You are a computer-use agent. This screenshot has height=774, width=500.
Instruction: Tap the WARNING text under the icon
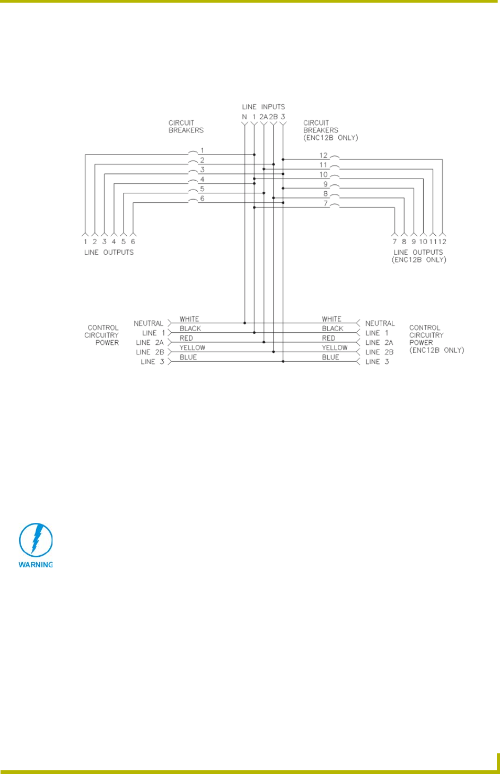pos(36,565)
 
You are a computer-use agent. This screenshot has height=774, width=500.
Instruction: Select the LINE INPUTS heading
pos(263,107)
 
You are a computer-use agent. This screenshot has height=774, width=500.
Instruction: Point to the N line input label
pos(244,117)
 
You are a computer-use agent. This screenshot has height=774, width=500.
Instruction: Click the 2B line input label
pos(273,117)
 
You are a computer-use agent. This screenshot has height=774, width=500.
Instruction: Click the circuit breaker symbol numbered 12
pos(335,158)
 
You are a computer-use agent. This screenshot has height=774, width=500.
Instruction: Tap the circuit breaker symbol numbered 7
pos(335,206)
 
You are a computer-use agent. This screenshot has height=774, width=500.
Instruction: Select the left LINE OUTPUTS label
pos(109,252)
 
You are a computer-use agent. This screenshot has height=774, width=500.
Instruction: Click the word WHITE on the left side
pos(189,319)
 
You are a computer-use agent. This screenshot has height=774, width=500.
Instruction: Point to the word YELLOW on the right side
pos(335,348)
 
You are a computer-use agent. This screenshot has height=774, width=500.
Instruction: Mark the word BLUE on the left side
pos(188,357)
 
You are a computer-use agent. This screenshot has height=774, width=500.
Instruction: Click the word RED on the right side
pos(329,338)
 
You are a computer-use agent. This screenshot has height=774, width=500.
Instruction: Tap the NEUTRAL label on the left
pos(148,323)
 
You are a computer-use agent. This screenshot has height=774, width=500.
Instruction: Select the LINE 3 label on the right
pos(377,362)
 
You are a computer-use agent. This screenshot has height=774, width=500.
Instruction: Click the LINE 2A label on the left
pos(150,343)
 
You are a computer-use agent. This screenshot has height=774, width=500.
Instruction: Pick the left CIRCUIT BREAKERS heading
pos(186,126)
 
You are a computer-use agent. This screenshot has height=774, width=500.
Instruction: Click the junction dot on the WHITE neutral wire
pos(244,323)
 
